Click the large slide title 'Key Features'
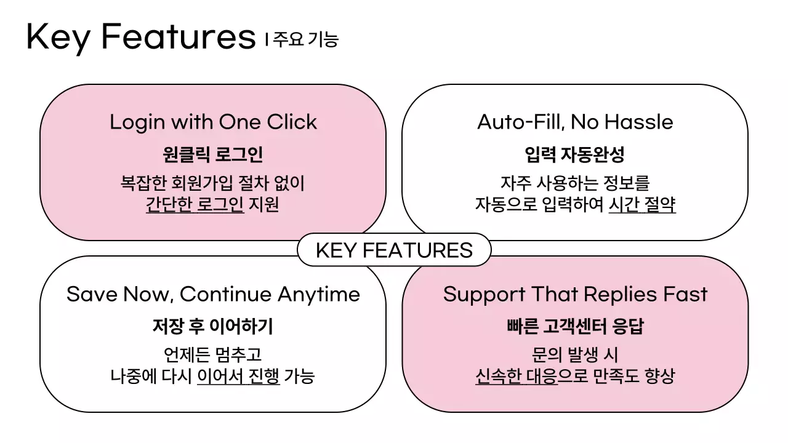[140, 37]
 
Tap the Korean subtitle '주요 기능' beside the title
[305, 40]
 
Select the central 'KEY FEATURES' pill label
[394, 250]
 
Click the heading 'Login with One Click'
[213, 122]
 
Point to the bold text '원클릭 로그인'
[213, 154]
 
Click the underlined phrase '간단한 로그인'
[195, 204]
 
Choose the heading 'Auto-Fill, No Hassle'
[575, 122]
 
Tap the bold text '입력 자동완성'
[575, 154]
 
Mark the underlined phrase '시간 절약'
[642, 204]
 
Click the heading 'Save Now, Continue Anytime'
[213, 294]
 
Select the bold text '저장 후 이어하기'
[213, 326]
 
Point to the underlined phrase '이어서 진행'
[238, 376]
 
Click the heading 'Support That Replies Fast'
[575, 294]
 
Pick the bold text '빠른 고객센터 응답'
[575, 326]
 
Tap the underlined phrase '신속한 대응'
[516, 376]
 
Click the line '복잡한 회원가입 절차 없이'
[213, 183]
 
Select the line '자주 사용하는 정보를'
[575, 183]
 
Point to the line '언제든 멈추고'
[213, 355]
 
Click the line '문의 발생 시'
[575, 355]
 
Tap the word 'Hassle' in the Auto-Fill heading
[638, 122]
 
